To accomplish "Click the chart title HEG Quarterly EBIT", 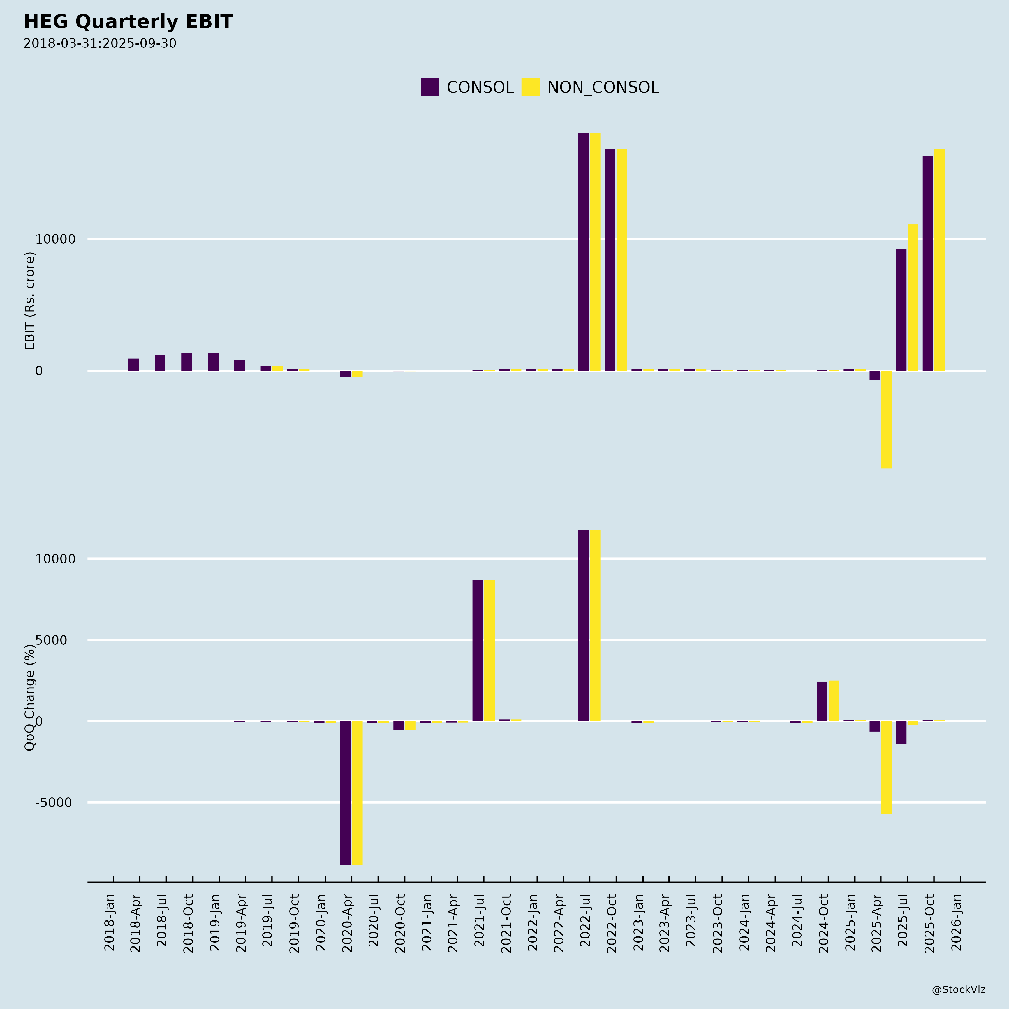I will pos(128,22).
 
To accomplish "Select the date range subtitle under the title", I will pos(100,43).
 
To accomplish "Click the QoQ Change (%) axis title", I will pos(30,697).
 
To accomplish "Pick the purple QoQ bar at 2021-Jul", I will pos(477,650).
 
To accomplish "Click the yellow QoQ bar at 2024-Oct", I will pos(834,701).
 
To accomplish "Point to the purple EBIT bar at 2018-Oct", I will pos(186,362).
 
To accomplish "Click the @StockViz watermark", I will pos(958,990).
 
